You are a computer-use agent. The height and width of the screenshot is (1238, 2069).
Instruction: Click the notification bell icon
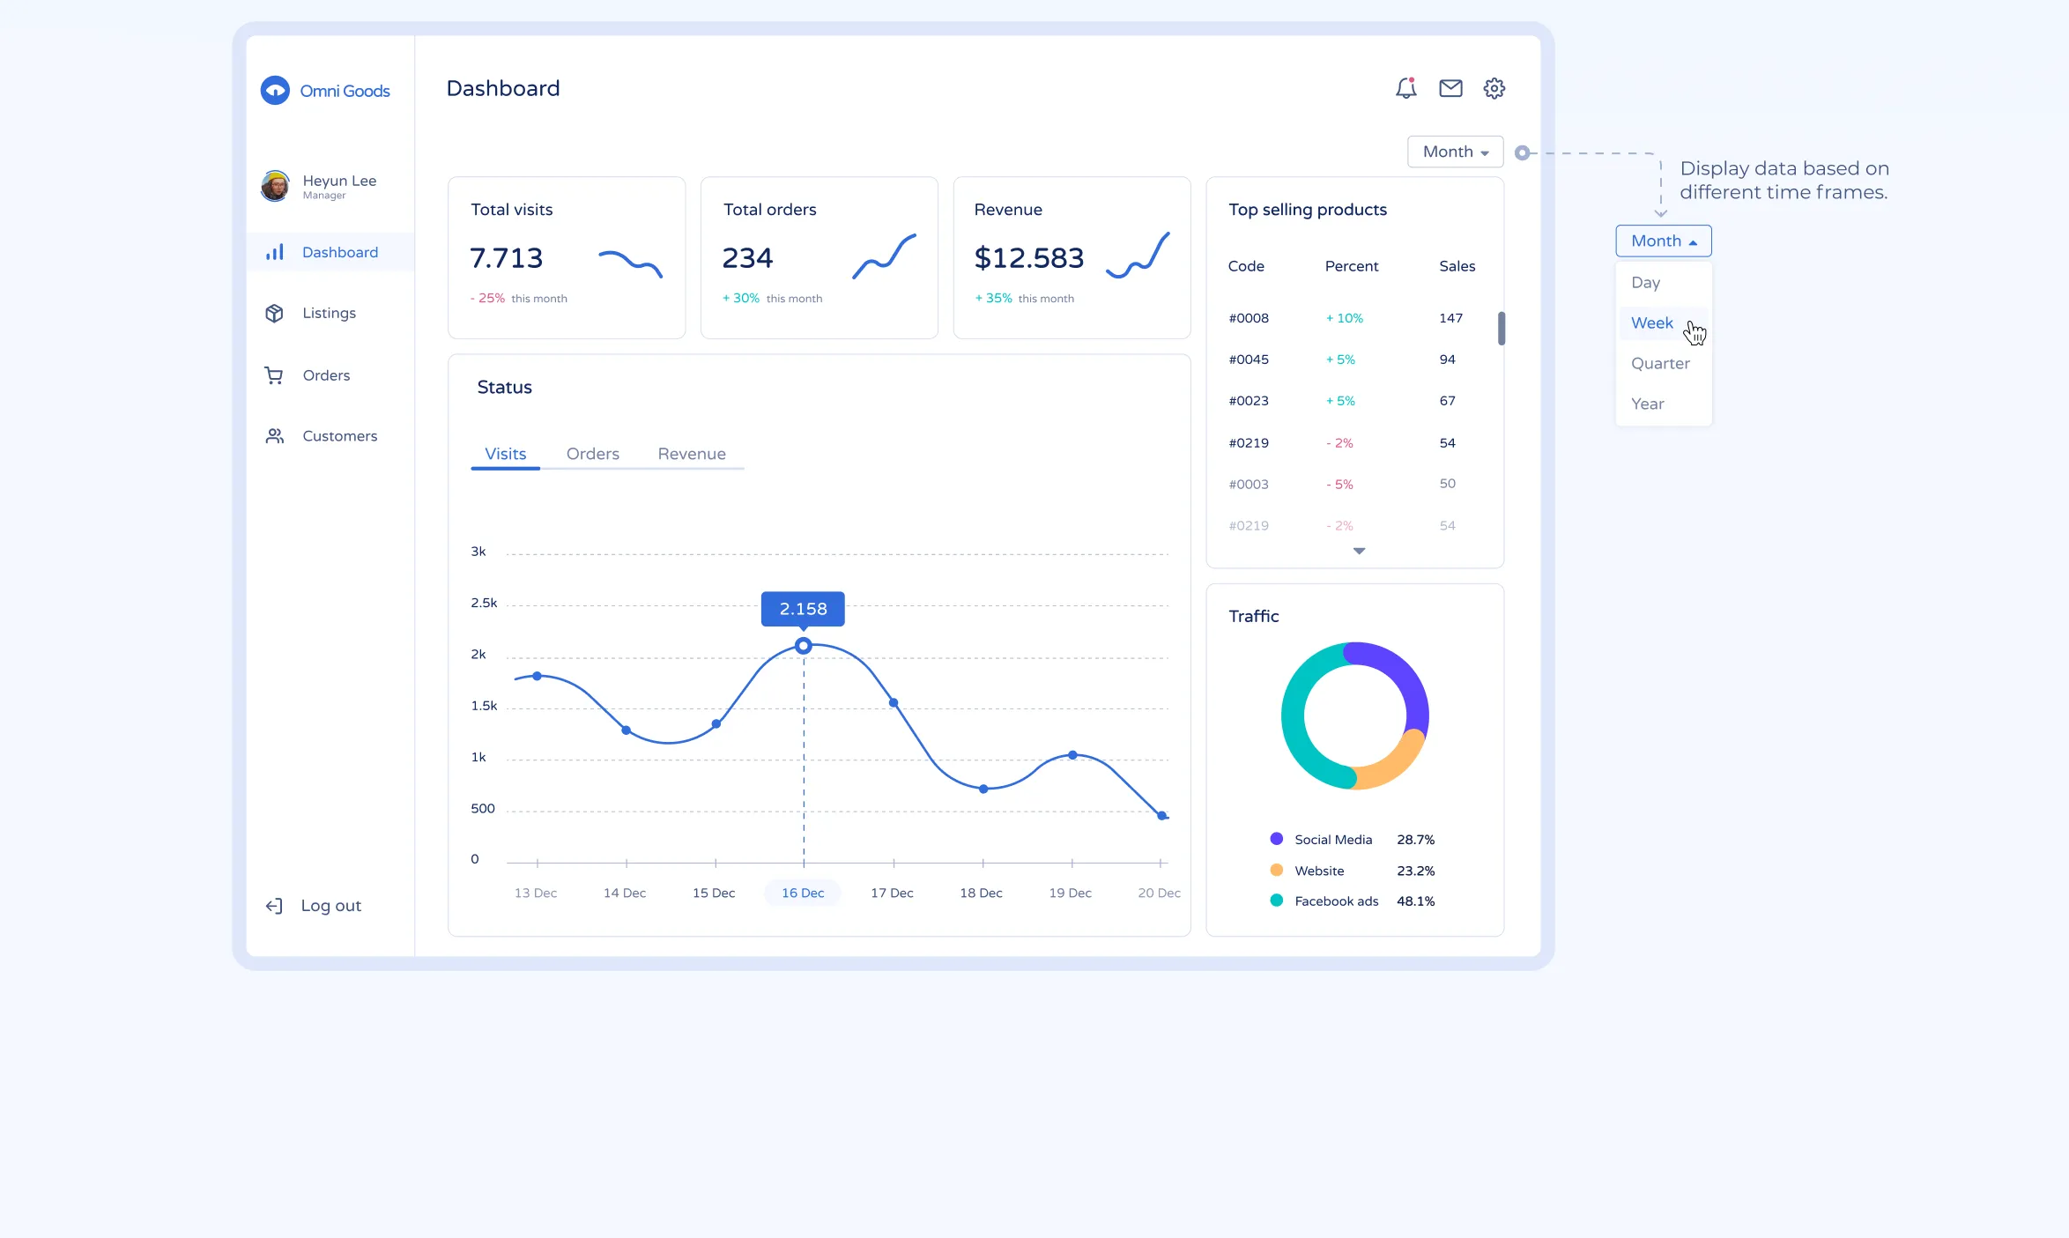(x=1405, y=88)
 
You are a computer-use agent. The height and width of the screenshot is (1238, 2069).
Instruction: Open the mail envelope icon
(x=1450, y=88)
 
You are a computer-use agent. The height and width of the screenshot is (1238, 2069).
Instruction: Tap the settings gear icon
(x=1494, y=88)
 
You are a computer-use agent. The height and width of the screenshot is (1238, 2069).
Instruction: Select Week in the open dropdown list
(x=1651, y=322)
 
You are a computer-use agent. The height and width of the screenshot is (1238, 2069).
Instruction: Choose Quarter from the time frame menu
(x=1660, y=363)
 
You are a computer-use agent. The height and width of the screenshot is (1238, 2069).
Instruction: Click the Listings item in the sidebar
(x=328, y=313)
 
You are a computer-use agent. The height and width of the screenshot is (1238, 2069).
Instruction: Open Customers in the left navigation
(x=338, y=436)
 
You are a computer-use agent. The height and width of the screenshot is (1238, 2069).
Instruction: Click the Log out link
(x=330, y=906)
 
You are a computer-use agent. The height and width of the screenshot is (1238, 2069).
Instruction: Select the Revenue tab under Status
(x=692, y=454)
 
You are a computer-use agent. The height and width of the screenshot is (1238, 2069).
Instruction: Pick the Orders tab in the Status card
(x=592, y=454)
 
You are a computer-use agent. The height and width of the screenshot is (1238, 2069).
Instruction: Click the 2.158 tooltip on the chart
(x=803, y=609)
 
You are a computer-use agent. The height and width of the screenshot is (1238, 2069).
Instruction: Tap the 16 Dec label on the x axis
(x=803, y=893)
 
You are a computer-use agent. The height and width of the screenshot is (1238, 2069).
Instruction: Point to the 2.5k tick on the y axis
(x=484, y=603)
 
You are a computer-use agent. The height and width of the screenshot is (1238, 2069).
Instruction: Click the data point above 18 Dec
(x=983, y=789)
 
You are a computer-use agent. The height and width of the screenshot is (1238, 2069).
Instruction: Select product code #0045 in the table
(x=1249, y=360)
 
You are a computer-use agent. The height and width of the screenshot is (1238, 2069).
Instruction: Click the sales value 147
(x=1450, y=318)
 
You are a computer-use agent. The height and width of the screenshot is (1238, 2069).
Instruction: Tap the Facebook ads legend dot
(x=1276, y=901)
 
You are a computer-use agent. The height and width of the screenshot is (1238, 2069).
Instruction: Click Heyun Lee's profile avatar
(x=275, y=186)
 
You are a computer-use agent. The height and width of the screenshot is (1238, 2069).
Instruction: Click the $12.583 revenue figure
(x=1028, y=258)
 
